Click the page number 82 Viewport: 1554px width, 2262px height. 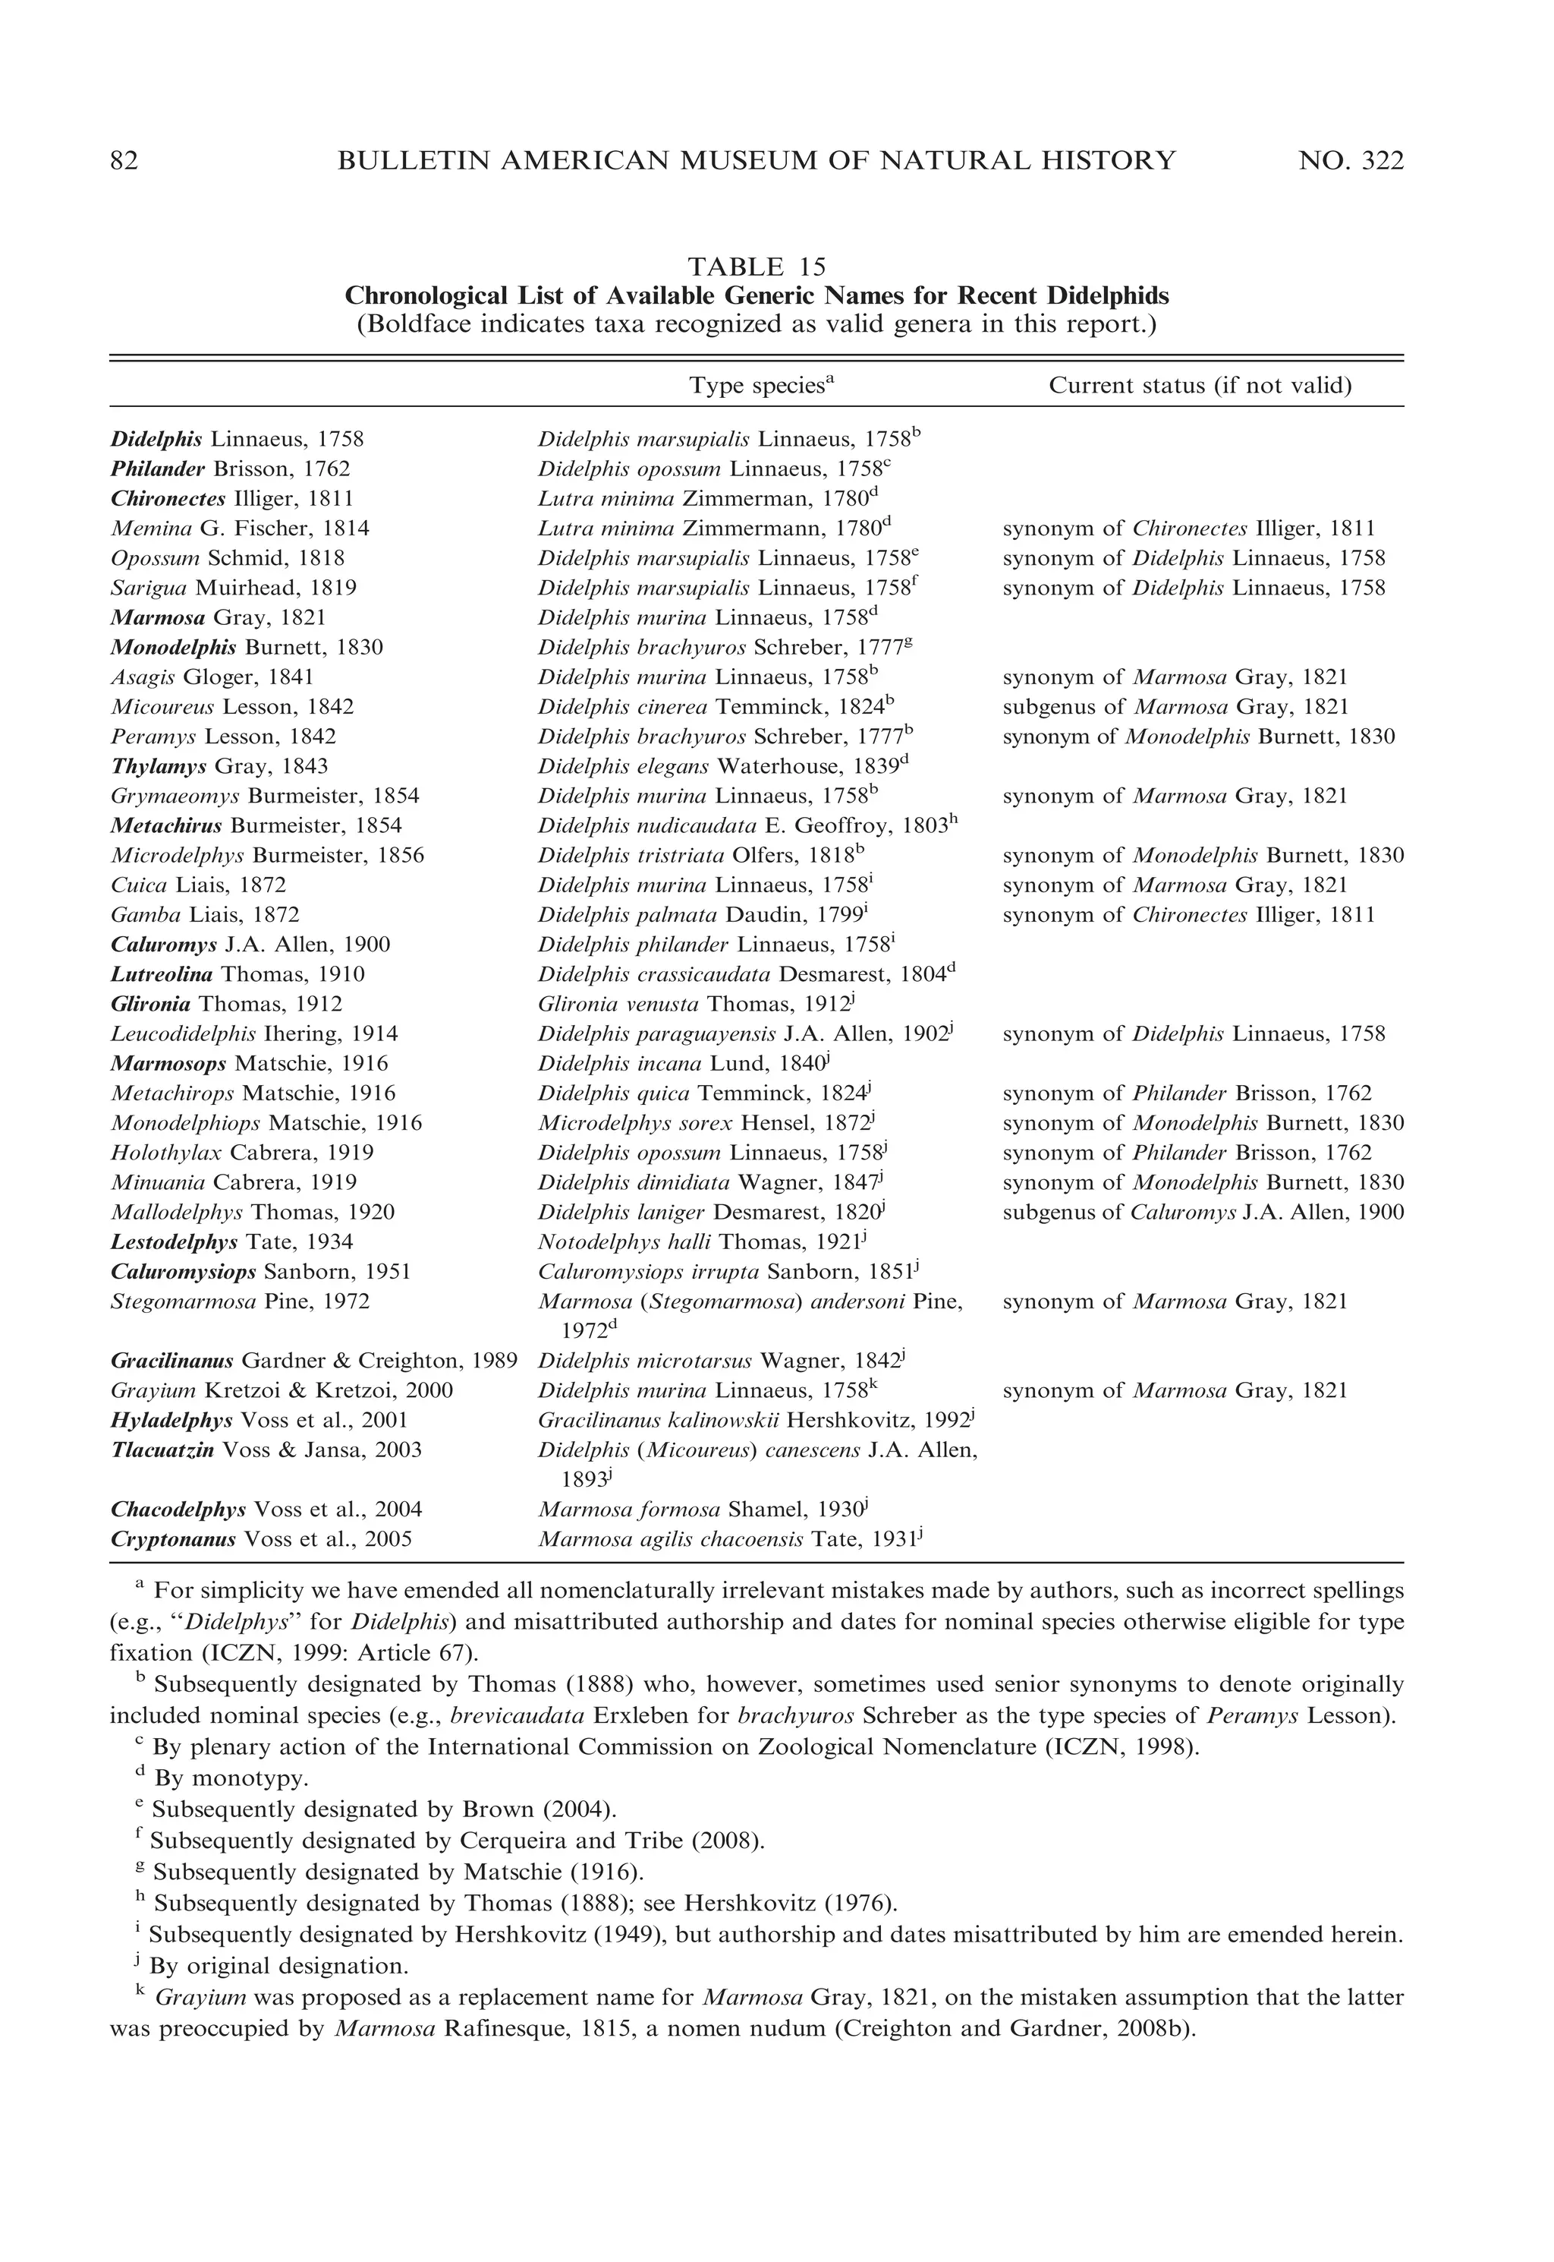(124, 161)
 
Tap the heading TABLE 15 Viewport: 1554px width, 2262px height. (757, 266)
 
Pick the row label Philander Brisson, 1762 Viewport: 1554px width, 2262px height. (230, 468)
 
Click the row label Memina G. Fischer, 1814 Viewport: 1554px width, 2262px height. (240, 529)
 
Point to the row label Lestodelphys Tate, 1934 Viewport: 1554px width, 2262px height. (231, 1242)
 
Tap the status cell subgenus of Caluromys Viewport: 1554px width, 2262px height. (1203, 1213)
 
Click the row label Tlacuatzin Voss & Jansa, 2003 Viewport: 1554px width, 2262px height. (266, 1450)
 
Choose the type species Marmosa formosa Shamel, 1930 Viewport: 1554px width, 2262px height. (702, 1510)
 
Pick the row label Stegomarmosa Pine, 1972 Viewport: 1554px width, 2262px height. (240, 1301)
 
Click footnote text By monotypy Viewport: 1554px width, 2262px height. (231, 1778)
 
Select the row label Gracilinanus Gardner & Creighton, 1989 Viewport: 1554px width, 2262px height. (313, 1361)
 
